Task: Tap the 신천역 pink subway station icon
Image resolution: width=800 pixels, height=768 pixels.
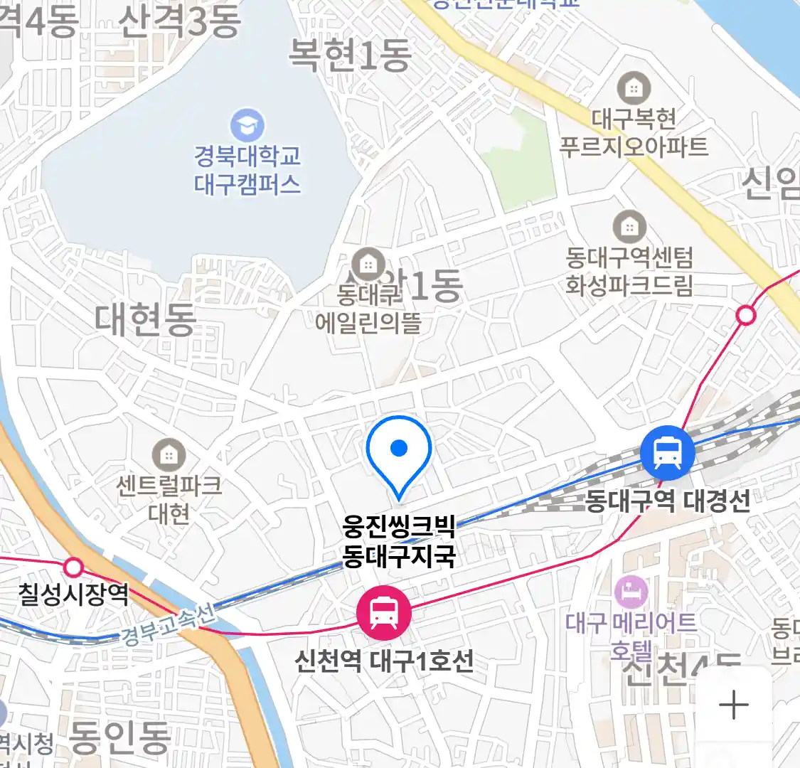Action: pos(384,612)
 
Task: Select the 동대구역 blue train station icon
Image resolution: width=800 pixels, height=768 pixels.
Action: pos(667,453)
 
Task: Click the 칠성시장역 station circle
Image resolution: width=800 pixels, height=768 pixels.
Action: pos(73,567)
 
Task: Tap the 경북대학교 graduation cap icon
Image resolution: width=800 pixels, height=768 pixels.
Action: pos(247,126)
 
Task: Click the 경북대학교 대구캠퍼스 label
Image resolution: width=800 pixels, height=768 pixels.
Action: pos(247,171)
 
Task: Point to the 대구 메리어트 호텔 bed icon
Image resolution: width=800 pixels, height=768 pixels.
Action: pos(631,591)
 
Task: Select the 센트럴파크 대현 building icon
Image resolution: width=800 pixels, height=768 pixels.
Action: pos(169,454)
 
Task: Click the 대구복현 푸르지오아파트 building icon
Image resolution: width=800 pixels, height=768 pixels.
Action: pos(634,87)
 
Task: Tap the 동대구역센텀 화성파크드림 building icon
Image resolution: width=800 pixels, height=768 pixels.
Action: pos(629,227)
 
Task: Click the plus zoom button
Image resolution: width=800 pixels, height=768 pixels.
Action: pos(734,705)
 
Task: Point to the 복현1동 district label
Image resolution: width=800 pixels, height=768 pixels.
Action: pos(349,55)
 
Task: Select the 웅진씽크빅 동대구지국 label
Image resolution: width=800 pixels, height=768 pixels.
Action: pos(399,541)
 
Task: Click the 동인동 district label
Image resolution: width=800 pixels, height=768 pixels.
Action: pos(120,737)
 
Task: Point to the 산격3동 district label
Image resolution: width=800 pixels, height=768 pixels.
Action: pos(179,21)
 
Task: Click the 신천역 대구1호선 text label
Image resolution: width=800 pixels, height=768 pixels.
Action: pos(384,661)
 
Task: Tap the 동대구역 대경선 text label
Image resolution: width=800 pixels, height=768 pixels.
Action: pos(668,501)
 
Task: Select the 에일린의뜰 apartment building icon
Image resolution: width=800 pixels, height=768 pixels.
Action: pos(368,264)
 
